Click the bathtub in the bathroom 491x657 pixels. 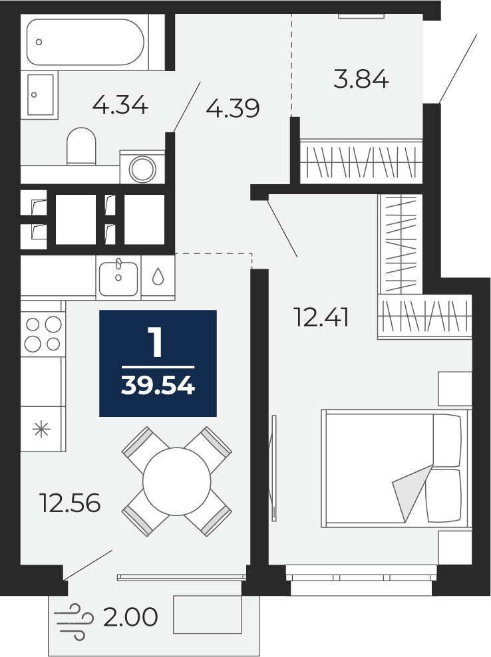85,42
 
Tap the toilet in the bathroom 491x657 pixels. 81,146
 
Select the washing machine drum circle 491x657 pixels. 142,170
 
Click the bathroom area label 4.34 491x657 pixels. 120,105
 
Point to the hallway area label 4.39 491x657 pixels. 233,108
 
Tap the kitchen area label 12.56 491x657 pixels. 70,503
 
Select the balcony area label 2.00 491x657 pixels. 130,617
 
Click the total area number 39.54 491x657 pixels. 158,385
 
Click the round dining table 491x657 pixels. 176,481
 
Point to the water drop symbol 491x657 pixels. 158,277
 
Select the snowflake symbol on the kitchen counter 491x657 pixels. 41,429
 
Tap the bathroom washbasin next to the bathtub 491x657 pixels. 41,94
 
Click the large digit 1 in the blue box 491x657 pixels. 156,342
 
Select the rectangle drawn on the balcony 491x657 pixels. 208,614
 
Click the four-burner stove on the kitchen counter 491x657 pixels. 43,334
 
